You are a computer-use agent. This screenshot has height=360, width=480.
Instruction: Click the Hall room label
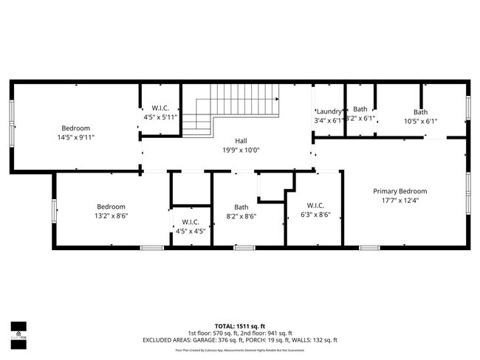click(241, 140)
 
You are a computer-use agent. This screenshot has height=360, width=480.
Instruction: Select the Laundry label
click(329, 111)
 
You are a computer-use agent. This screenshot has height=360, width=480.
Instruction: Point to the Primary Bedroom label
click(400, 191)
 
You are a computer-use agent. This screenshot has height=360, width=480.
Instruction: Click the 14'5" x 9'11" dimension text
click(76, 137)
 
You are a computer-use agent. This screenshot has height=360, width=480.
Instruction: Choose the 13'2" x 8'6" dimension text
click(112, 217)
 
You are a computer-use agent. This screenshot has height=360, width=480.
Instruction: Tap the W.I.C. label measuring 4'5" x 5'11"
click(160, 108)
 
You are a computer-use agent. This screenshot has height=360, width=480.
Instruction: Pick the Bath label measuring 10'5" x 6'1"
click(420, 111)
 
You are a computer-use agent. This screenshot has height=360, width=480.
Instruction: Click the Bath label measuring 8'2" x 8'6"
click(241, 207)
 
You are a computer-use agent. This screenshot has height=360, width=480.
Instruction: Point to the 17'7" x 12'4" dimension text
click(400, 201)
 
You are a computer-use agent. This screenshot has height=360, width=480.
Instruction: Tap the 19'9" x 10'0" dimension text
click(241, 150)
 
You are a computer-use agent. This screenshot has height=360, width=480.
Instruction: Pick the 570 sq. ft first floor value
click(220, 333)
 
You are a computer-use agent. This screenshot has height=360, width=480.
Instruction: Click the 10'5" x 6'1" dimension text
click(420, 121)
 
